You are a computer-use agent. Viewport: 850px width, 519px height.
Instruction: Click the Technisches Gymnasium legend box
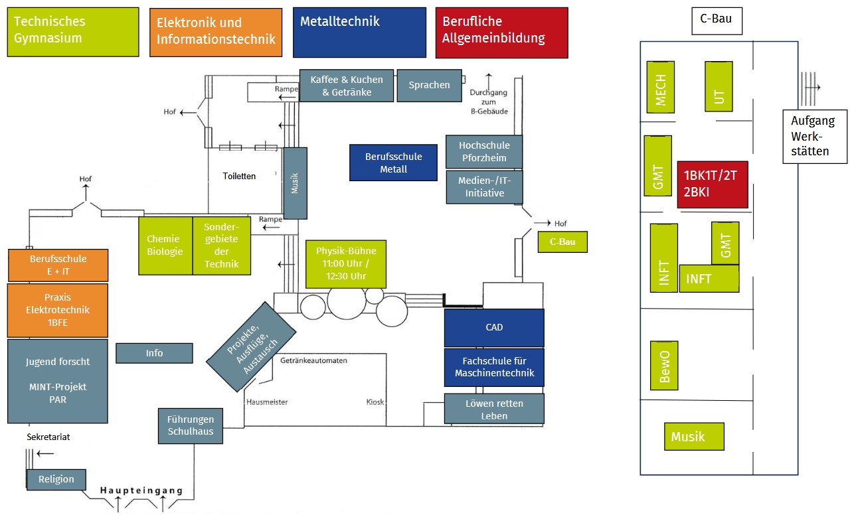coord(73,32)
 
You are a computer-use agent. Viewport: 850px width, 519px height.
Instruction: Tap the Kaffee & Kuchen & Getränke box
coord(346,86)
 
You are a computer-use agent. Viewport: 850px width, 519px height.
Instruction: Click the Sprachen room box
coord(429,86)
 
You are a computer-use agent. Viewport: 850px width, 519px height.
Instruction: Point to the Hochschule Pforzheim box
coord(484,151)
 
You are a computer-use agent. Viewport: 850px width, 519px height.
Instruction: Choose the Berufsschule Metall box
coord(394,163)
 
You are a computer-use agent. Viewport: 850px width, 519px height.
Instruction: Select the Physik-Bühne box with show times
coord(345,263)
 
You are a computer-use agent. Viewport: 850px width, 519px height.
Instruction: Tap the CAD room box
coord(494,327)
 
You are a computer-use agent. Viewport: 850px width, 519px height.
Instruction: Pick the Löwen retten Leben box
coord(494,409)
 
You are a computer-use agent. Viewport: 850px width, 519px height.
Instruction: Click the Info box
coord(154,353)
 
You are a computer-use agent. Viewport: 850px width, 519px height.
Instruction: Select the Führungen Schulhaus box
coord(191,426)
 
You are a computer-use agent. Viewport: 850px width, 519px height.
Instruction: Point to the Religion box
coord(56,479)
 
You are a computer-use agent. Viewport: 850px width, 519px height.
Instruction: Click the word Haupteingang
coord(141,490)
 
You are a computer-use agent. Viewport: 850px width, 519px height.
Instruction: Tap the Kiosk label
coord(375,402)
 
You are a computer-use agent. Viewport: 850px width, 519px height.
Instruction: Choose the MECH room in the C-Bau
coord(661,87)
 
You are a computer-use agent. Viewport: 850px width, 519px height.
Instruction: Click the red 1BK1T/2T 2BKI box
coord(712,185)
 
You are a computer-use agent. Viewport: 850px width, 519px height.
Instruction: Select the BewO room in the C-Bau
coord(664,365)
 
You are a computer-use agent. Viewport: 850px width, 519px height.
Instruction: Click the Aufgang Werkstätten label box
coord(815,136)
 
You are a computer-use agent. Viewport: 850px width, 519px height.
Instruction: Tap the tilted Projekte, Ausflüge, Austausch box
coord(251,346)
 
